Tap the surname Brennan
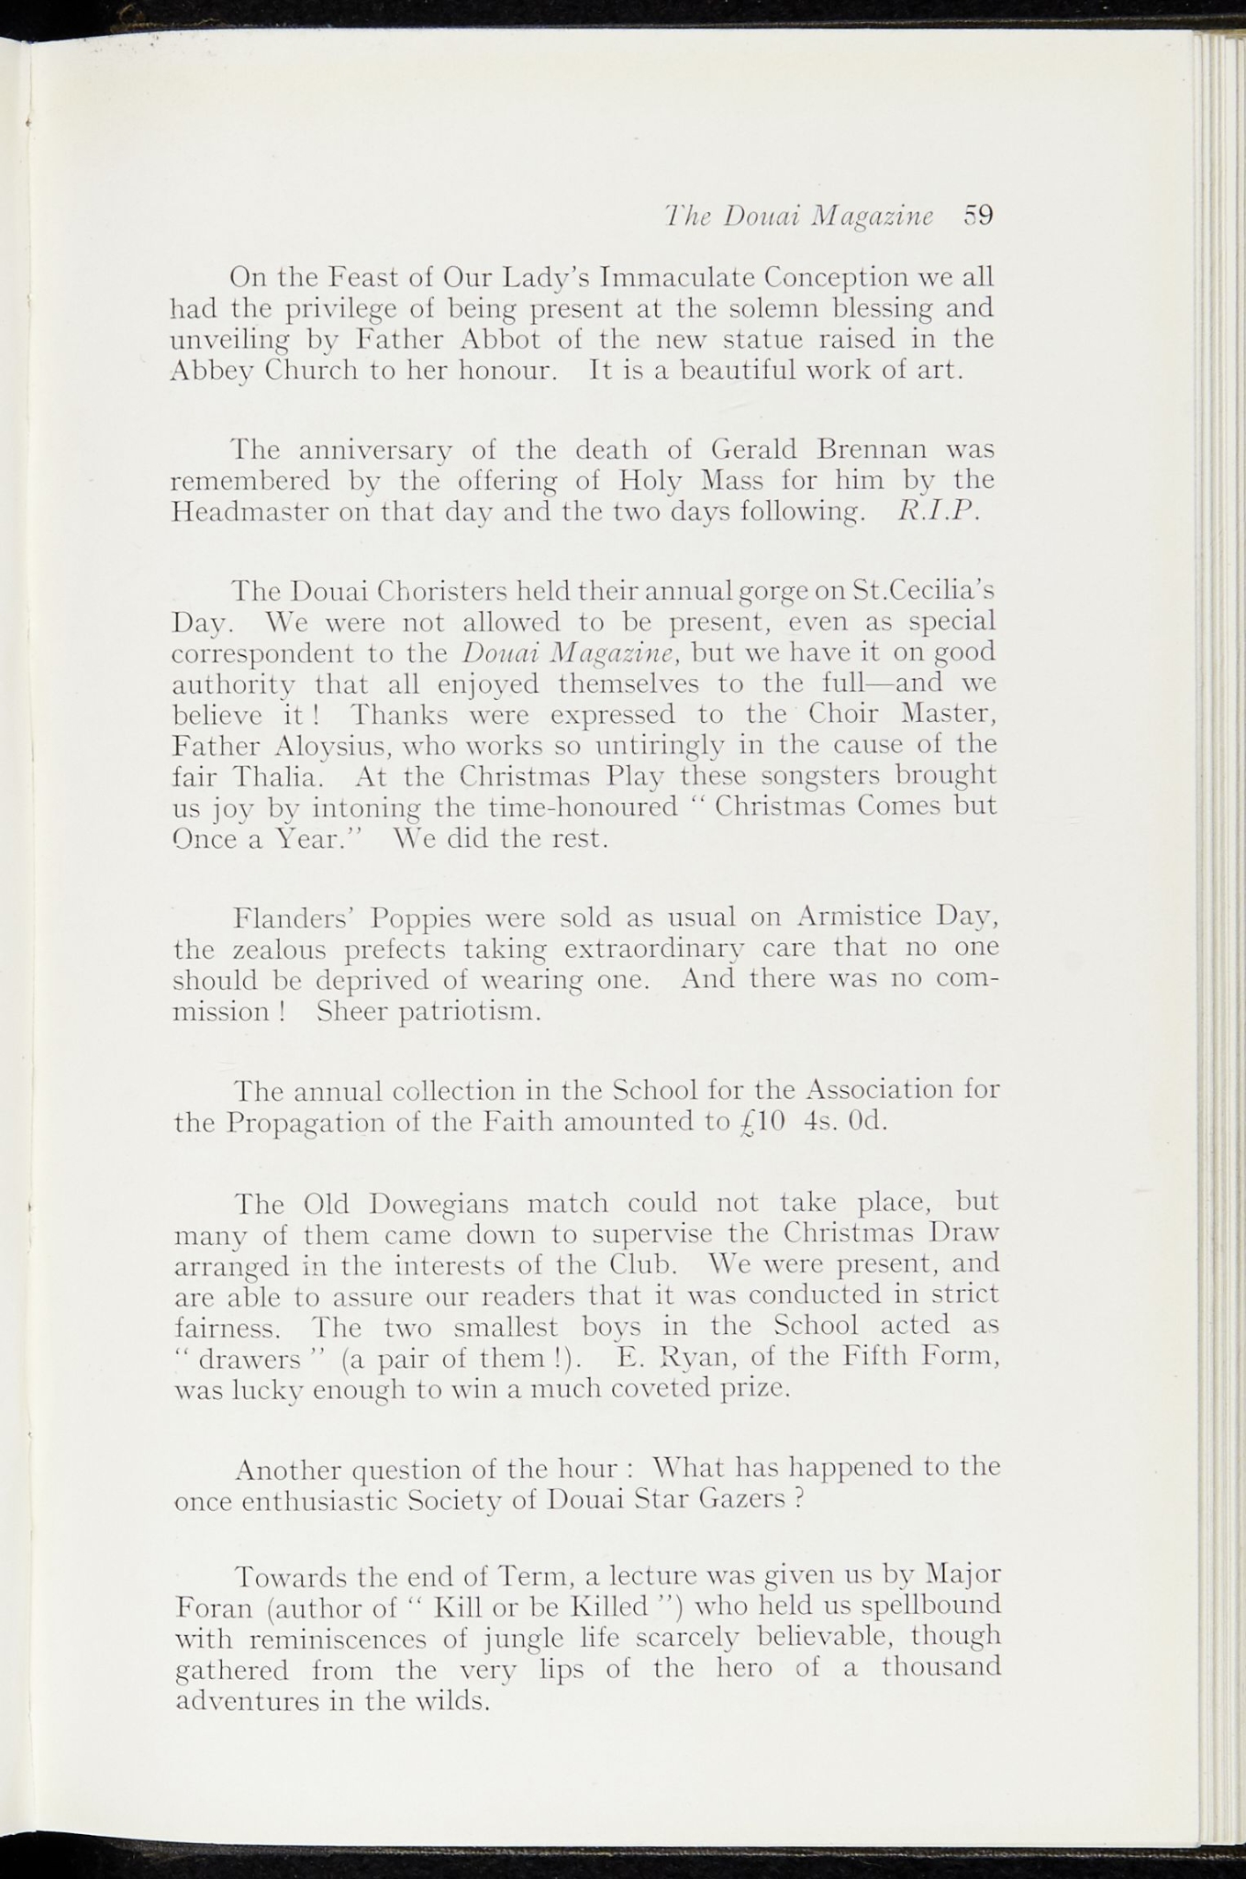click(x=872, y=450)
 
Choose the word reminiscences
click(x=339, y=1640)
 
